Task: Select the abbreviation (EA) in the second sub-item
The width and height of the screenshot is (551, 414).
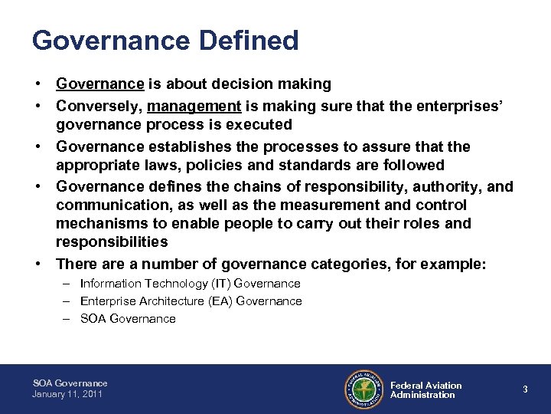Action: [x=218, y=301]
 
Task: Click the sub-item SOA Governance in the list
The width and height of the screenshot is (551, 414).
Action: [x=128, y=319]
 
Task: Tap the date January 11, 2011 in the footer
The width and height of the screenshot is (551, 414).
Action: [x=67, y=394]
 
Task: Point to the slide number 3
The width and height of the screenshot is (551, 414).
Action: [x=525, y=389]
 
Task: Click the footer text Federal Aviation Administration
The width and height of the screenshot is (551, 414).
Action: [x=425, y=390]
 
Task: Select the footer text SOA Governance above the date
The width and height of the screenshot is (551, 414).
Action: [x=70, y=383]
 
